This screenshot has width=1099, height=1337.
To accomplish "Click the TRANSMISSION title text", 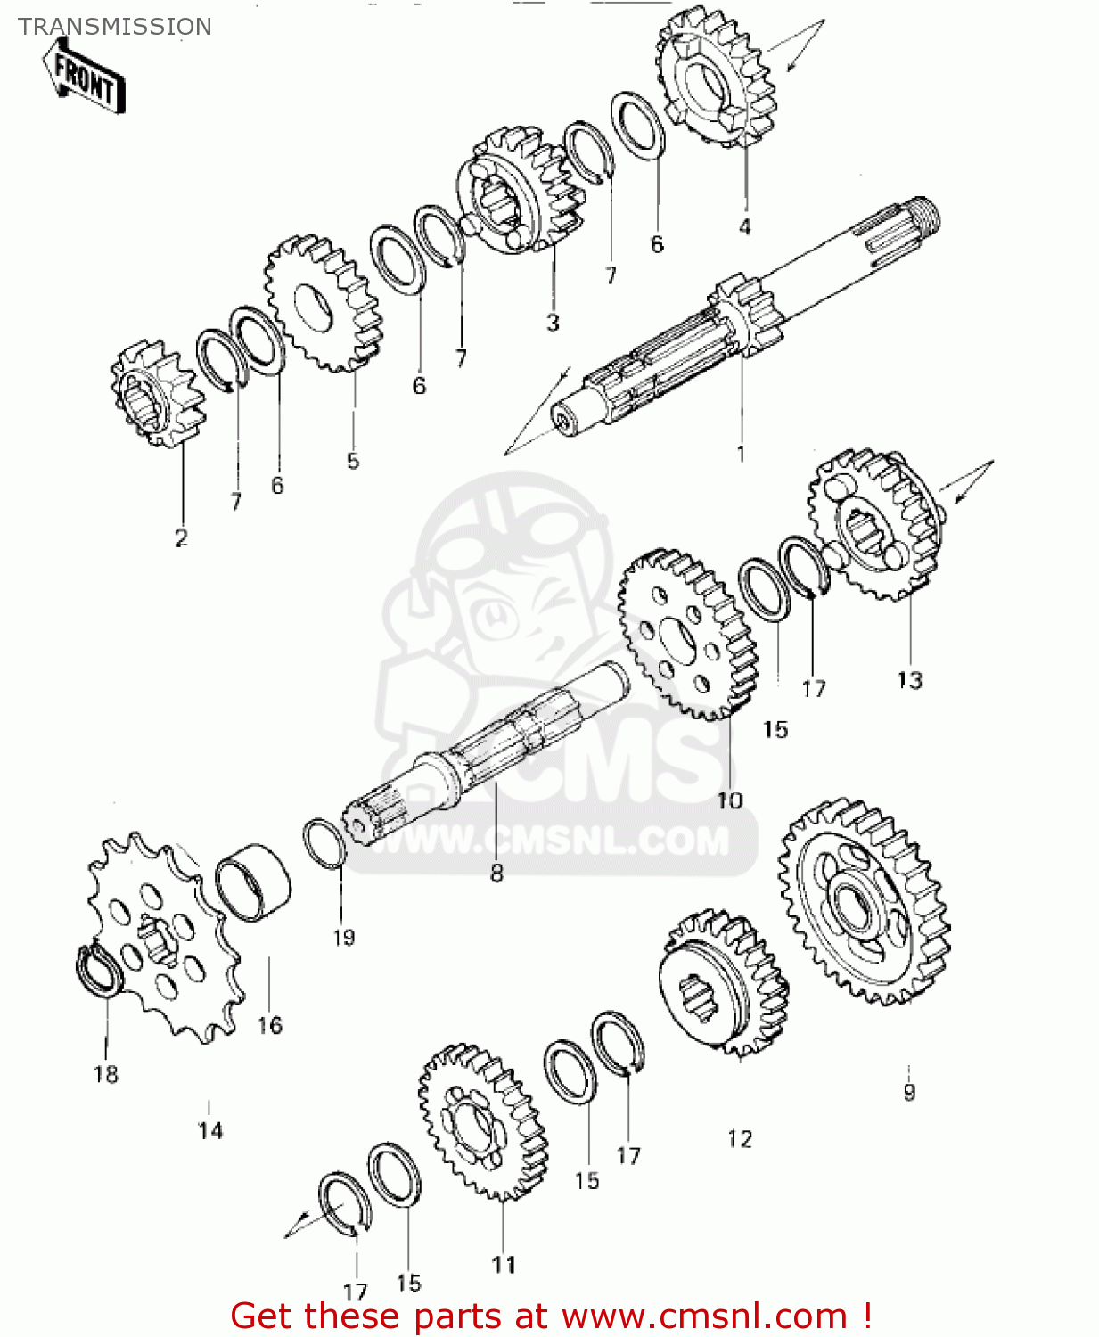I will click(115, 27).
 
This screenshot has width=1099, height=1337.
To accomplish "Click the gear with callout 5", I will click(325, 304).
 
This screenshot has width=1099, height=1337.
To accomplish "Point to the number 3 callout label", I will click(553, 323).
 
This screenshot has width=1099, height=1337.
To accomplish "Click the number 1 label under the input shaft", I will click(740, 455).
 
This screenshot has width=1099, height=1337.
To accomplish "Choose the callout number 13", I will click(909, 680).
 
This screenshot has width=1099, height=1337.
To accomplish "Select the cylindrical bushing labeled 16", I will click(253, 882).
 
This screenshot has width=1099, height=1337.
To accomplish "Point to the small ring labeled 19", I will click(324, 842).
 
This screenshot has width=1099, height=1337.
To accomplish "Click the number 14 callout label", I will click(210, 1131).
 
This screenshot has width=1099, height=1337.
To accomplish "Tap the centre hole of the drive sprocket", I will click(159, 941).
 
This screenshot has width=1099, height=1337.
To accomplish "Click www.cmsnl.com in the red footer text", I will click(704, 1316).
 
